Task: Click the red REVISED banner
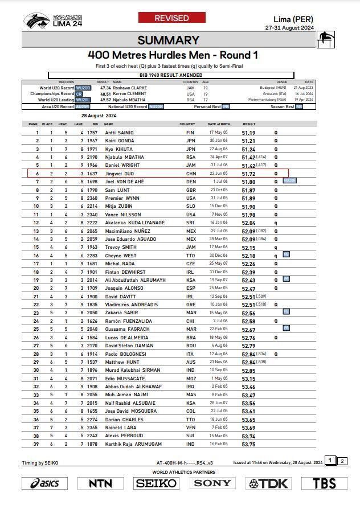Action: pos(171,18)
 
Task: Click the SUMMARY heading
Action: pos(168,40)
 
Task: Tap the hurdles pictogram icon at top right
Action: pos(326,40)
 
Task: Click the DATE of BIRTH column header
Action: pos(219,124)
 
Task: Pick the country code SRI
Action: pos(190,223)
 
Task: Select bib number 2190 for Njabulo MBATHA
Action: pos(92,157)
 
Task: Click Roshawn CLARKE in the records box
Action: pos(130,88)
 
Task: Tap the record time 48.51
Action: pos(105,94)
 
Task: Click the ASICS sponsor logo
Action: pos(45,483)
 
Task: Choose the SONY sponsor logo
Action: pos(212,483)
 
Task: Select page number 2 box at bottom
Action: pos(342,461)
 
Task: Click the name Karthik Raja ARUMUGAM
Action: pos(133,444)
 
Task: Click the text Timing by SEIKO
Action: pos(40,463)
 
